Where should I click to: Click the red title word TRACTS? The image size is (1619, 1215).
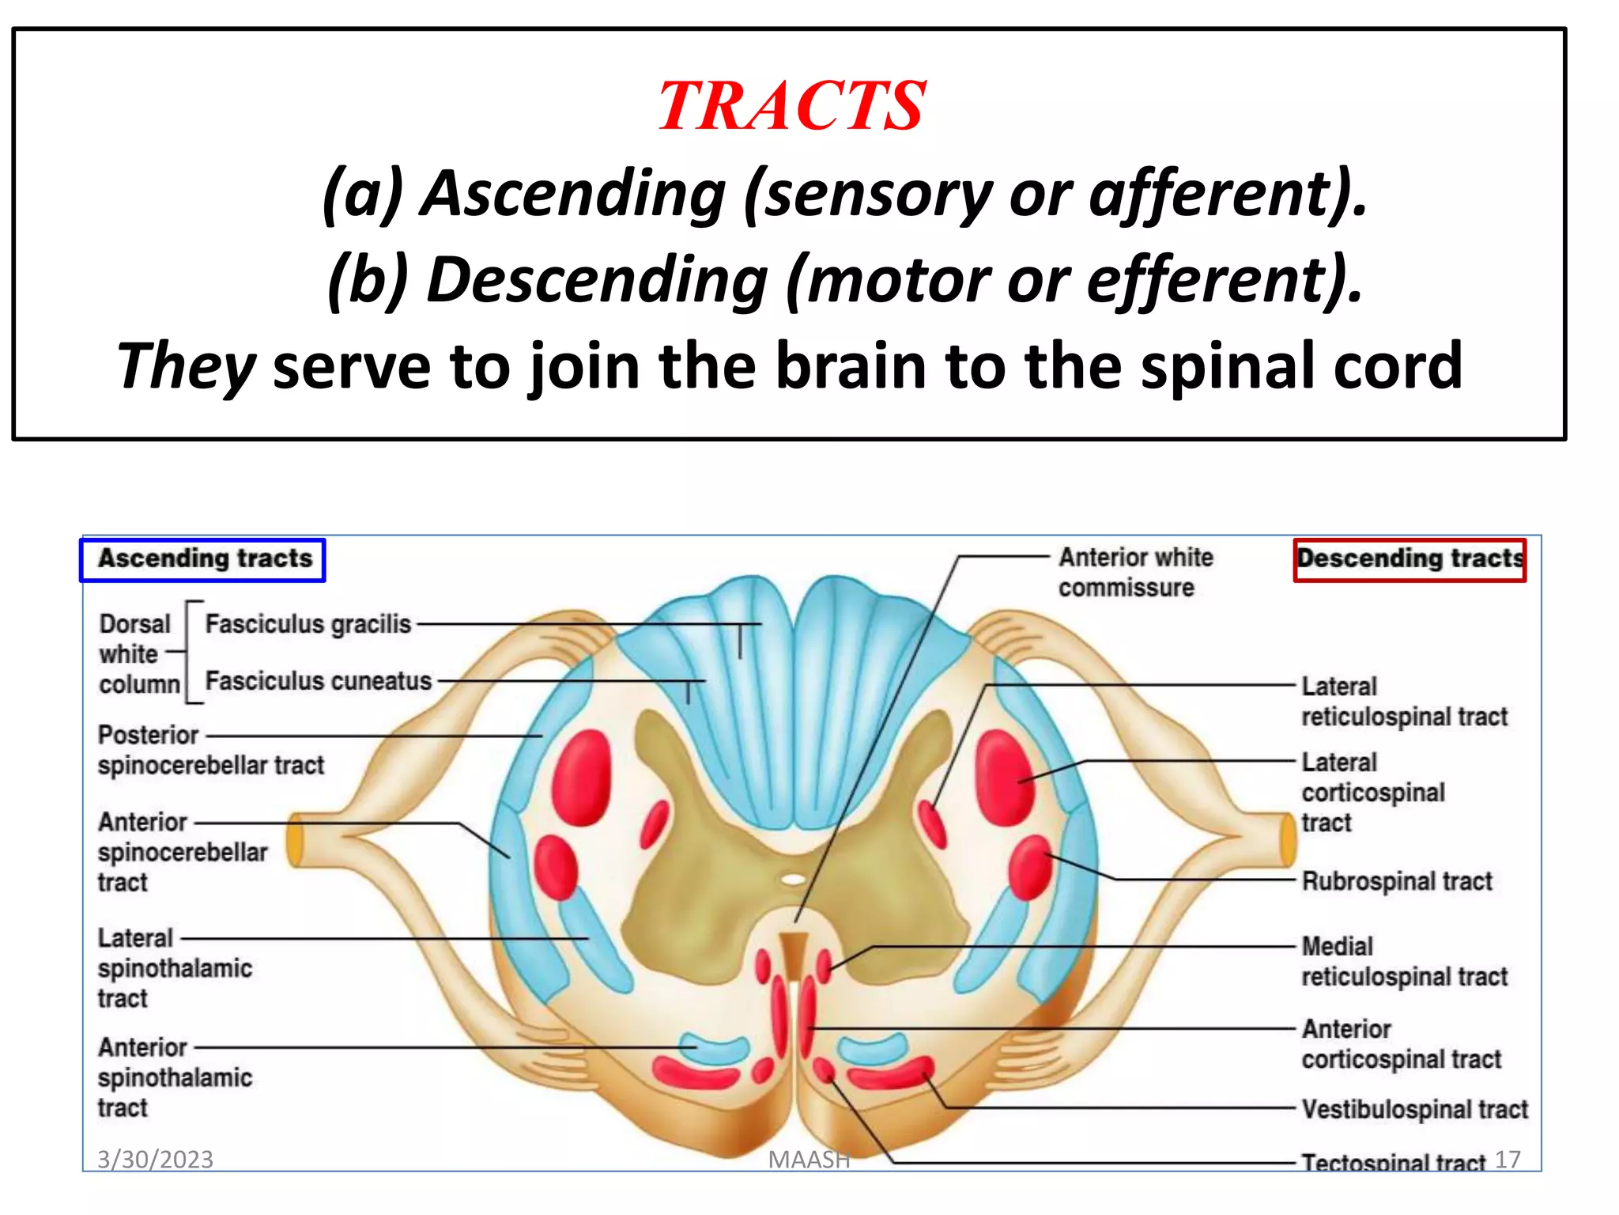click(791, 106)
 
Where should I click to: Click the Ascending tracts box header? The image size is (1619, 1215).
click(203, 559)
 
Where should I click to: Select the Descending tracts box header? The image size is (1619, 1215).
click(1410, 559)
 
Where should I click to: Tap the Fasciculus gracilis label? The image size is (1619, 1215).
click(308, 624)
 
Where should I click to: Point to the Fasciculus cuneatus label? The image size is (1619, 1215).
click(319, 681)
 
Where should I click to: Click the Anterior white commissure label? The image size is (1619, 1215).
click(1134, 572)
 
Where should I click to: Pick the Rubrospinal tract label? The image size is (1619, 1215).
click(1396, 881)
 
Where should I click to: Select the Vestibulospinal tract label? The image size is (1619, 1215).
click(1413, 1109)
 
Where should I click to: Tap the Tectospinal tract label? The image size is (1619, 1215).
click(1393, 1162)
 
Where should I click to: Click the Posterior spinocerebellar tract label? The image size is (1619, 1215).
click(210, 750)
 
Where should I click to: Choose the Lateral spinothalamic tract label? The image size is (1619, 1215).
click(175, 968)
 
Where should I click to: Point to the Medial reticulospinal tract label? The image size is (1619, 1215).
click(1404, 961)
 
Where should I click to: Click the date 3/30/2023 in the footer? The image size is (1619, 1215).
click(155, 1160)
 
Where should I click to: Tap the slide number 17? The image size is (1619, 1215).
click(1508, 1160)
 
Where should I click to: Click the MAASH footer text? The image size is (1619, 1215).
click(809, 1160)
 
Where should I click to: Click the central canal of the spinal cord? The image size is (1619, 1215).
click(793, 879)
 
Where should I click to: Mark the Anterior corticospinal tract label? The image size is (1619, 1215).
click(1400, 1044)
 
